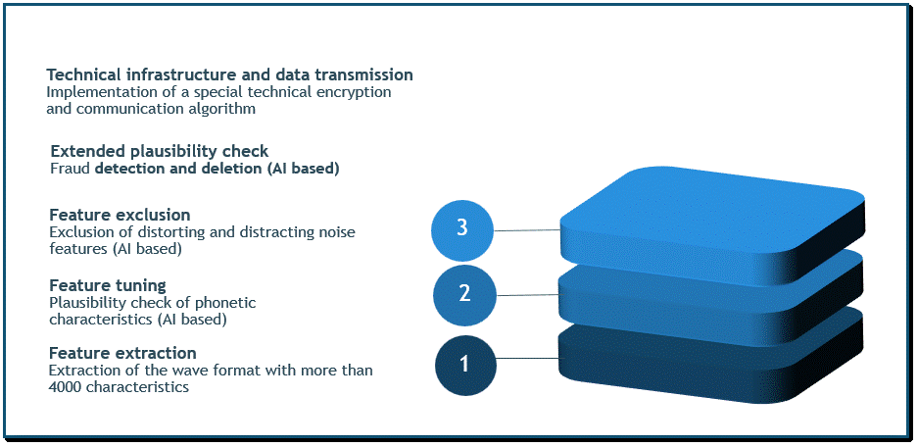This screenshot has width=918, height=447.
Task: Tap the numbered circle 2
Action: (464, 293)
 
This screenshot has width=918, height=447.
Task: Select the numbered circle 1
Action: (465, 366)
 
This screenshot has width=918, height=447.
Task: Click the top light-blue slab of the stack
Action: (712, 225)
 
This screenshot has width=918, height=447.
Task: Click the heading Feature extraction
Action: (122, 354)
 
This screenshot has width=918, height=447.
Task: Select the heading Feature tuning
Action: (107, 286)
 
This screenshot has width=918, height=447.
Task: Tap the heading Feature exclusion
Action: (120, 215)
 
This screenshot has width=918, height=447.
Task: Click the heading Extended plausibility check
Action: (160, 151)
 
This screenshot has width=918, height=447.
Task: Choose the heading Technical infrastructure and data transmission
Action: (229, 74)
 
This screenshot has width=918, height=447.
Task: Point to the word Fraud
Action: (71, 170)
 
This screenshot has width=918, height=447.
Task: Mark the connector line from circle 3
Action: (527, 230)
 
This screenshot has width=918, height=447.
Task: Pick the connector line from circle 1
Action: (527, 358)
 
